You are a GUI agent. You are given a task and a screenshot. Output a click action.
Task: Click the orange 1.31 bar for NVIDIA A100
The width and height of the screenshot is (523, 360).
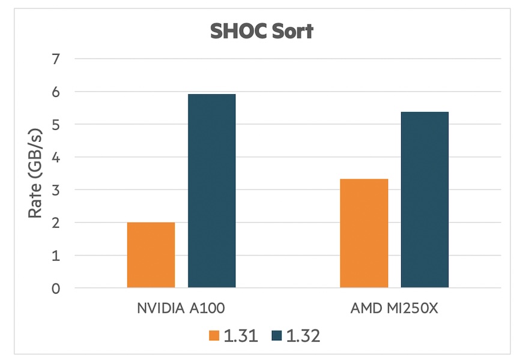click(x=151, y=255)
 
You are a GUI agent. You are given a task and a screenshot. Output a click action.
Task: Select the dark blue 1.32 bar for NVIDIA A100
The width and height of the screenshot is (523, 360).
click(x=212, y=191)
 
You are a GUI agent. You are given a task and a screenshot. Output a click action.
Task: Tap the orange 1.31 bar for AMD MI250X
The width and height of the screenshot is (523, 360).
click(x=364, y=233)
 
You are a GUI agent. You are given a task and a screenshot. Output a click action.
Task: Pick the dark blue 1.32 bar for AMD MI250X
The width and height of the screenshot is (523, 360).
click(x=425, y=200)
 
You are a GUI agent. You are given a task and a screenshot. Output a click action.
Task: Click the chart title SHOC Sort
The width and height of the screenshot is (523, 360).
click(x=262, y=31)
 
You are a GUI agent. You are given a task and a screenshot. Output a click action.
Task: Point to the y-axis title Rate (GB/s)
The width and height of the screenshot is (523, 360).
click(x=35, y=173)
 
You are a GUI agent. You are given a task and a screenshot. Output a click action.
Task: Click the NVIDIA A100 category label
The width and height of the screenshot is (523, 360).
click(x=181, y=308)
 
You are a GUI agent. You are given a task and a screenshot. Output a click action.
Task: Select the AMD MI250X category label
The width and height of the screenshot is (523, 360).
click(x=395, y=308)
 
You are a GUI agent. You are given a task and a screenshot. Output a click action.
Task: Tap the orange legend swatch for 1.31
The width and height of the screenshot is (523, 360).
click(x=214, y=335)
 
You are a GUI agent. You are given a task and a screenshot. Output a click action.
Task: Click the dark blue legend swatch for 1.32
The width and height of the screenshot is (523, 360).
click(x=277, y=335)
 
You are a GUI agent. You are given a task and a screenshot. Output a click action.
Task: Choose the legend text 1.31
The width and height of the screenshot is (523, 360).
click(x=241, y=335)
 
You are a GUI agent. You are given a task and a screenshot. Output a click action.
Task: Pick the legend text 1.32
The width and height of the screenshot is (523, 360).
click(x=303, y=335)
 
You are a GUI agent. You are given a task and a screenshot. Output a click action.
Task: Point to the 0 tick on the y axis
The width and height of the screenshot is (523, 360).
click(x=56, y=289)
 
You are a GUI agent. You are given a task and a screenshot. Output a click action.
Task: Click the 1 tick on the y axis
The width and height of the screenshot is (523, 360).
click(x=56, y=256)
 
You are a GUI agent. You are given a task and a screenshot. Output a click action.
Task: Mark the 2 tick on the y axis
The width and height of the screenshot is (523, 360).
click(x=56, y=223)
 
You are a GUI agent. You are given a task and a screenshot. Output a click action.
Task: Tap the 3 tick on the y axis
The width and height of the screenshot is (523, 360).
click(x=56, y=190)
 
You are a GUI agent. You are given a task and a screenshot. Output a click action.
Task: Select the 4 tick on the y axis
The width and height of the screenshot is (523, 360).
click(x=56, y=157)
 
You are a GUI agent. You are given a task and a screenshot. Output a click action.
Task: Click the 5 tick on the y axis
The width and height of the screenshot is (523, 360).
click(x=56, y=125)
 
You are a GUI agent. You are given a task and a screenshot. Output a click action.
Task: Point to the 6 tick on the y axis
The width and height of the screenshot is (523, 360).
click(x=56, y=92)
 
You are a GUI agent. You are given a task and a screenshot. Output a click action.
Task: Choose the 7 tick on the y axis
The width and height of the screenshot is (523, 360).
click(x=56, y=59)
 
